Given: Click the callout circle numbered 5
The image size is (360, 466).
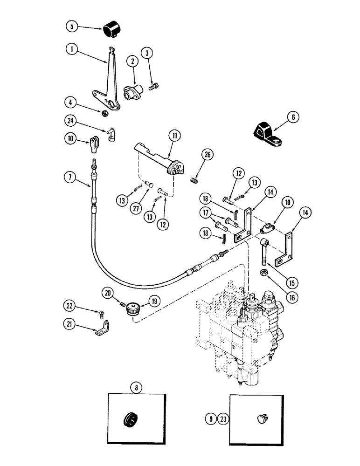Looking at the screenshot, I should coord(72,27).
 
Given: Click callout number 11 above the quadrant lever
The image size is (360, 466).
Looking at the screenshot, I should coord(174,137).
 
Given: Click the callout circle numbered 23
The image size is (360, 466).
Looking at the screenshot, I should coord(225,419).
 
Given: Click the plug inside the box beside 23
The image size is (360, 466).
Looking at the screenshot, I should coord(262,419).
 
